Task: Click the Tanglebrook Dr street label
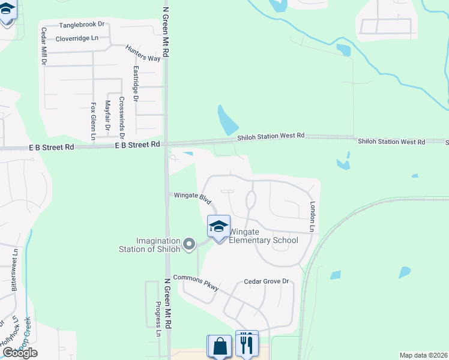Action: (82, 25)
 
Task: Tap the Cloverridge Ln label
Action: (76, 38)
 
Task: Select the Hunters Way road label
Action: (143, 53)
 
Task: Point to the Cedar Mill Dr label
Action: (44, 46)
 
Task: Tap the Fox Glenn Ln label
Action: (93, 121)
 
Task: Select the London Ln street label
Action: (312, 216)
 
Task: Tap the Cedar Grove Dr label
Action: (267, 281)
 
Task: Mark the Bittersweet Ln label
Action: (14, 269)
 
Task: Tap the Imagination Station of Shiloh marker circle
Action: (189, 244)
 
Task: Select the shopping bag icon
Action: (219, 346)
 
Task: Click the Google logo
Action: (19, 353)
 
